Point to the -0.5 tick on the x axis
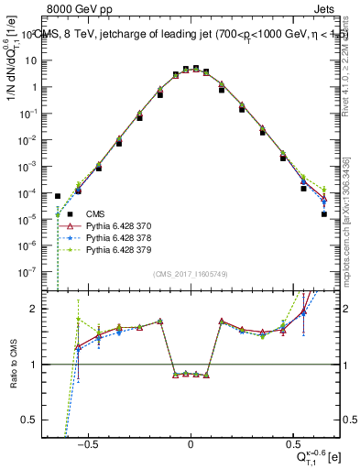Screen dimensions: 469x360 [88, 442]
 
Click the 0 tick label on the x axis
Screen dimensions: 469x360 [190, 442]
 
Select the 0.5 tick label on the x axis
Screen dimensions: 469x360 [292, 442]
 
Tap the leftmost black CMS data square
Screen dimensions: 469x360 [58, 196]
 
